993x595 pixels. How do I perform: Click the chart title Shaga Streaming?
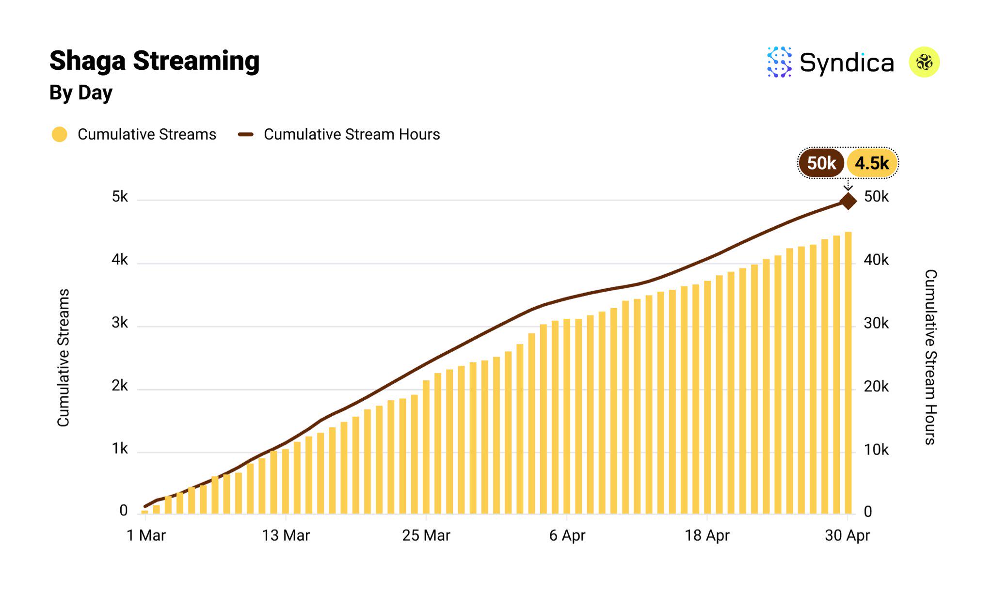click(x=154, y=61)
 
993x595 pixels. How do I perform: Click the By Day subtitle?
click(x=81, y=93)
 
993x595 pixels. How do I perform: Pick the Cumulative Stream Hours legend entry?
click(x=339, y=134)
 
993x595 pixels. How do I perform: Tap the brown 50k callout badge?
click(x=821, y=163)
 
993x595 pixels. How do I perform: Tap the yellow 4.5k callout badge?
click(x=872, y=163)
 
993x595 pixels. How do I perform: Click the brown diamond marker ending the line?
click(x=848, y=201)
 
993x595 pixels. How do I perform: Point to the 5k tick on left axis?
click(x=120, y=197)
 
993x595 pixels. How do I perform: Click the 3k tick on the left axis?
click(x=120, y=323)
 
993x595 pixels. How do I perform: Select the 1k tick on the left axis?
click(x=120, y=449)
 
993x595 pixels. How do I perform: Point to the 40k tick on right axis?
click(x=876, y=260)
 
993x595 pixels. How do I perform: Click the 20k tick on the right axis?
click(x=876, y=387)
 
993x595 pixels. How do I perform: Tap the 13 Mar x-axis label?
click(x=286, y=535)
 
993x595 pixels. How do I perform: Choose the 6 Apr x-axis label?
click(x=567, y=535)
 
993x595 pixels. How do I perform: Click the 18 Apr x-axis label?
click(x=707, y=535)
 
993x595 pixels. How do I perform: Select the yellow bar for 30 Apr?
click(x=848, y=373)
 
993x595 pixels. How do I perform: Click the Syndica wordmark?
click(x=846, y=63)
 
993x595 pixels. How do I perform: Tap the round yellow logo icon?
click(x=924, y=62)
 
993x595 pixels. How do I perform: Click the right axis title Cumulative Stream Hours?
click(x=930, y=357)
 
